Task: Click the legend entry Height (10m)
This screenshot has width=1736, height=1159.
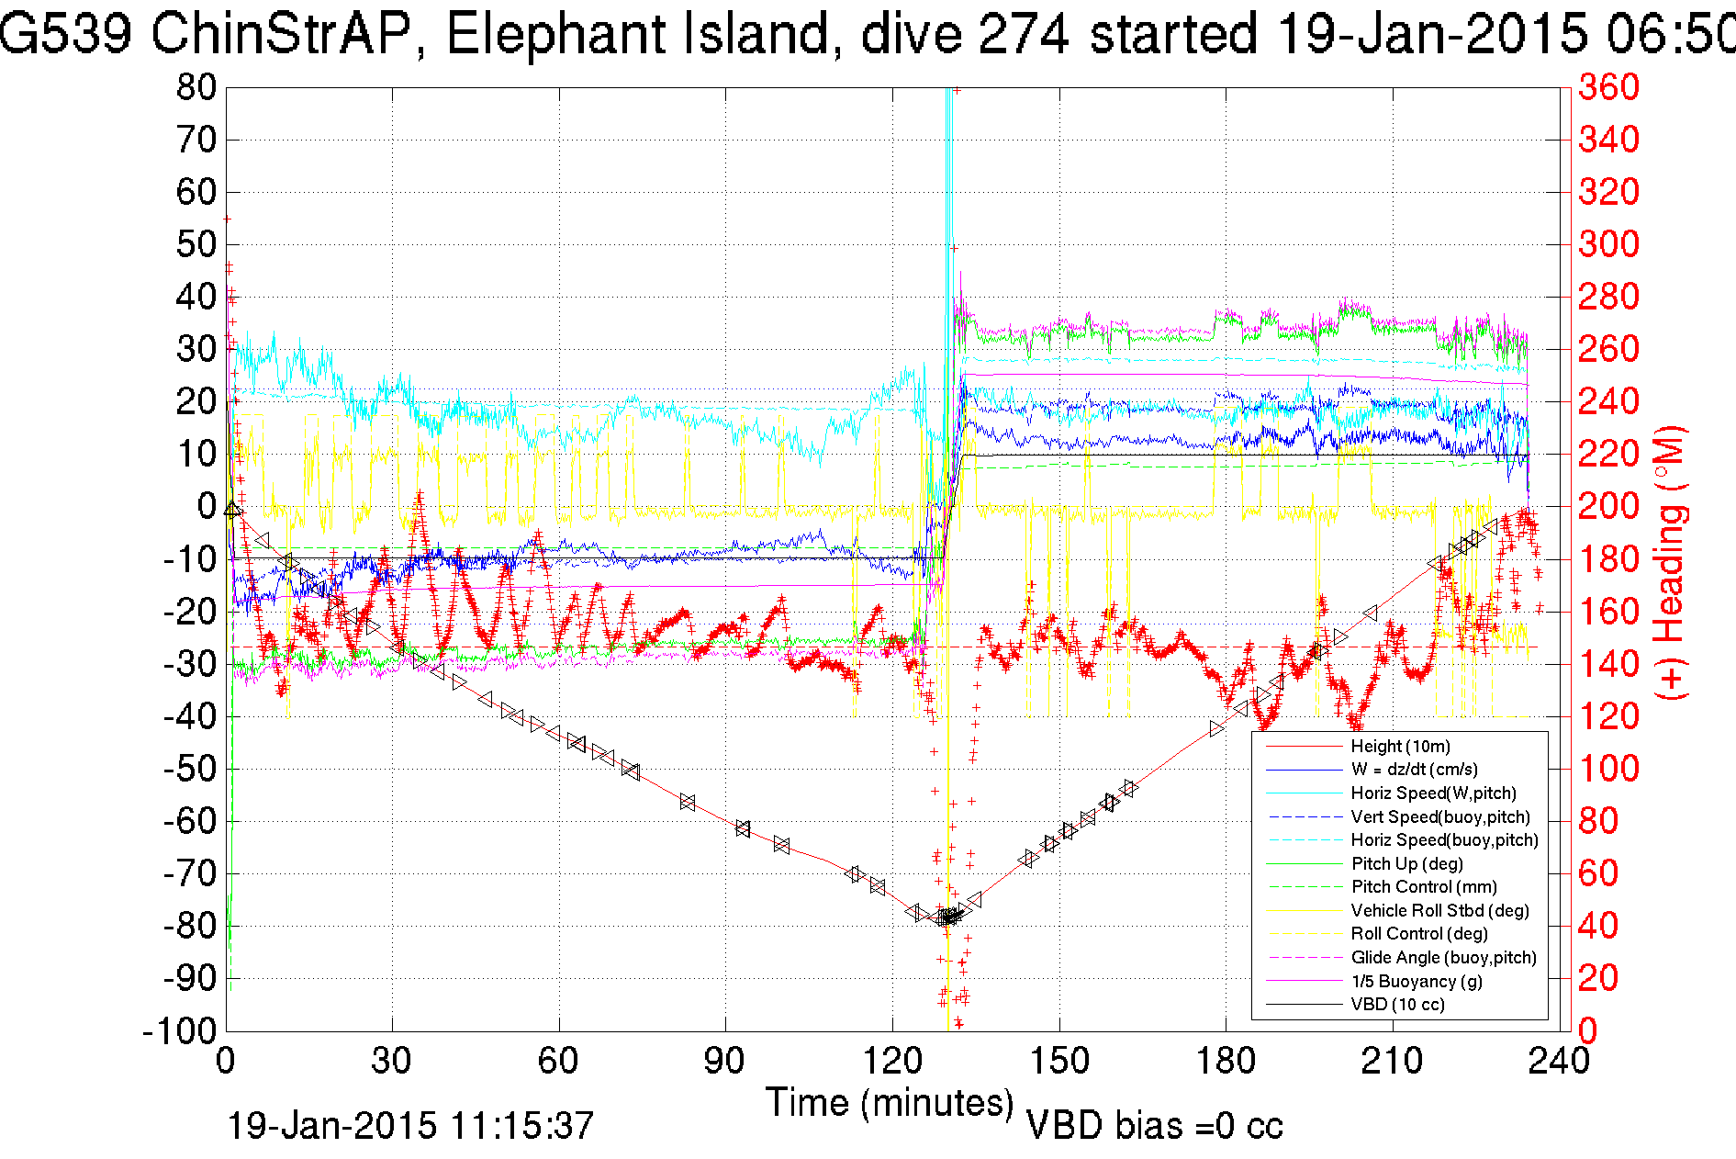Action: (1400, 747)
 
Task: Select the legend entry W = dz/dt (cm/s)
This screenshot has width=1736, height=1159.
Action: (1414, 770)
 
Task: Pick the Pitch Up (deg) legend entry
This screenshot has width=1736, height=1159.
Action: (1406, 863)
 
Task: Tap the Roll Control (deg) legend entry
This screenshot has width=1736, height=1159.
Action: (1418, 934)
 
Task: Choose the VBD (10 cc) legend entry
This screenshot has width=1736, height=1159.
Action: (1397, 1005)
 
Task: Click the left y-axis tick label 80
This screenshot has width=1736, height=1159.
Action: (196, 88)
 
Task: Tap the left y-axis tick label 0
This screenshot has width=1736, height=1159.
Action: (206, 506)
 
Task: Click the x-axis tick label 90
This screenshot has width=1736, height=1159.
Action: (725, 1062)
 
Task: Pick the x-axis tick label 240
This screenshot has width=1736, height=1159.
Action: (1558, 1062)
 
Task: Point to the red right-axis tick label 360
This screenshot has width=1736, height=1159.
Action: (1608, 88)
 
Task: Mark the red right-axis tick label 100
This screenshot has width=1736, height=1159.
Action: (1608, 769)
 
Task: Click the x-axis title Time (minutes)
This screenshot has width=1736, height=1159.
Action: (890, 1102)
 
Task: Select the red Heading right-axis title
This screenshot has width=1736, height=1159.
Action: (1671, 562)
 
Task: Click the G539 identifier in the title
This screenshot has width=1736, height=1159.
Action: (64, 35)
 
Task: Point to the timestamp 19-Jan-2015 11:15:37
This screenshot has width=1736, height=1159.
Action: (410, 1126)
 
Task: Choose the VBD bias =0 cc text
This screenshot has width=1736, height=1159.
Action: (1154, 1126)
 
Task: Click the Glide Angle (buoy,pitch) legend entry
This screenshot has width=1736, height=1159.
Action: (1443, 958)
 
